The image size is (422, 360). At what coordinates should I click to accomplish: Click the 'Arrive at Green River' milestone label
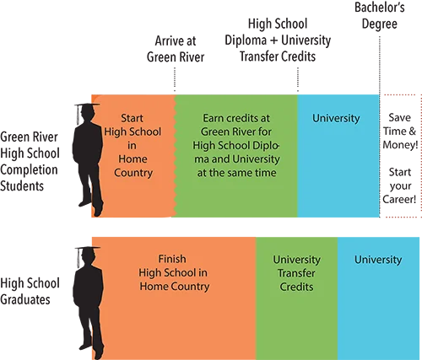(x=176, y=49)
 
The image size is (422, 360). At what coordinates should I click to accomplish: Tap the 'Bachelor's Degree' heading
(x=380, y=15)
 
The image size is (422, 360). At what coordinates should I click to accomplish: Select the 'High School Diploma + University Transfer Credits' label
(x=278, y=40)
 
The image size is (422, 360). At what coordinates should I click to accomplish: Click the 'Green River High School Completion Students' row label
(x=30, y=161)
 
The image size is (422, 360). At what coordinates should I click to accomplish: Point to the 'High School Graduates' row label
(x=30, y=291)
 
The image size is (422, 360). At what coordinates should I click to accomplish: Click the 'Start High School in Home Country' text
(x=133, y=145)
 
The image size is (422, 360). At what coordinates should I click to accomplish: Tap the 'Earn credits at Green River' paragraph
(x=236, y=145)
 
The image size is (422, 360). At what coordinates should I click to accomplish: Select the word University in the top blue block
(x=336, y=118)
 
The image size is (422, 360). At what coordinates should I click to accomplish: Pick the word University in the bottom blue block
(x=378, y=260)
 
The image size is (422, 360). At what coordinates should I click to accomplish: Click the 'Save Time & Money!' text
(x=400, y=132)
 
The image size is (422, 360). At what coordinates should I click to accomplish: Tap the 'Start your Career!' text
(x=399, y=185)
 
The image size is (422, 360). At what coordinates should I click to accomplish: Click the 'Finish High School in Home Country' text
(x=174, y=272)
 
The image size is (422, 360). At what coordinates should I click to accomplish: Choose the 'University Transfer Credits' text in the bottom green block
(x=296, y=273)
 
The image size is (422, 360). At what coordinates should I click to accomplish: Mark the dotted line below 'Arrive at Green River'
(x=175, y=79)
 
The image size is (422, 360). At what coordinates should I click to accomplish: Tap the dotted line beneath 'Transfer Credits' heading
(x=298, y=79)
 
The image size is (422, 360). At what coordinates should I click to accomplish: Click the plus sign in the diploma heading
(x=273, y=40)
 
